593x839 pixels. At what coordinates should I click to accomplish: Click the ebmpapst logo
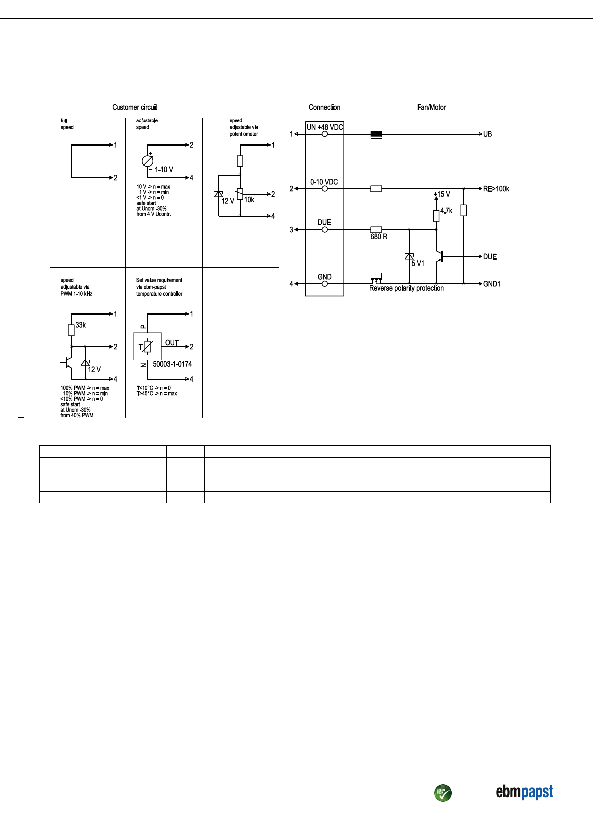pyautogui.click(x=524, y=792)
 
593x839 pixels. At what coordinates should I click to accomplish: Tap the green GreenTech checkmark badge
pyautogui.click(x=443, y=793)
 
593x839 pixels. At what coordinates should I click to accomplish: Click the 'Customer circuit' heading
pyautogui.click(x=134, y=107)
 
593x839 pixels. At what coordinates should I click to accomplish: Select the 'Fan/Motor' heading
pyautogui.click(x=431, y=107)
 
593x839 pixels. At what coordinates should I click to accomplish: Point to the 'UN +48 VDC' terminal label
pyautogui.click(x=325, y=127)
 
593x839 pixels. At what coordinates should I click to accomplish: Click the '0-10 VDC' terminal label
pyautogui.click(x=324, y=182)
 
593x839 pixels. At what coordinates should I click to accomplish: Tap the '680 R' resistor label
pyautogui.click(x=379, y=237)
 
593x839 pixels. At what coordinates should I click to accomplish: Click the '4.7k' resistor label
pyautogui.click(x=446, y=211)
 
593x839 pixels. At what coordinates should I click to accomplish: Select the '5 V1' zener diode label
pyautogui.click(x=418, y=264)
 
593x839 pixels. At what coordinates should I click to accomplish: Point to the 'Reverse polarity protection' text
pyautogui.click(x=406, y=288)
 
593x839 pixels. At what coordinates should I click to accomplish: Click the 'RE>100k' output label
pyautogui.click(x=496, y=189)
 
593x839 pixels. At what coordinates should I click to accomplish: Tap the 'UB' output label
pyautogui.click(x=487, y=134)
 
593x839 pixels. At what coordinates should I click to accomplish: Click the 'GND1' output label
pyautogui.click(x=491, y=284)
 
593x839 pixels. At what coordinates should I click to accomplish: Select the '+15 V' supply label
pyautogui.click(x=442, y=194)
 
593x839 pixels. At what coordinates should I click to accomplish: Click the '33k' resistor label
pyautogui.click(x=81, y=325)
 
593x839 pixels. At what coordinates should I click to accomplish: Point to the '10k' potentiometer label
pyautogui.click(x=249, y=200)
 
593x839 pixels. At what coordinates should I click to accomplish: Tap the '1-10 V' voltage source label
pyautogui.click(x=164, y=170)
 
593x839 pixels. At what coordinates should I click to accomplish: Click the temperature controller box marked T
pyautogui.click(x=147, y=346)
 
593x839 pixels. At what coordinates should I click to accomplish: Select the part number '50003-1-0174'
pyautogui.click(x=172, y=364)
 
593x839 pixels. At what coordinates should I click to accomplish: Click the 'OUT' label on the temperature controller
pyautogui.click(x=172, y=343)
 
